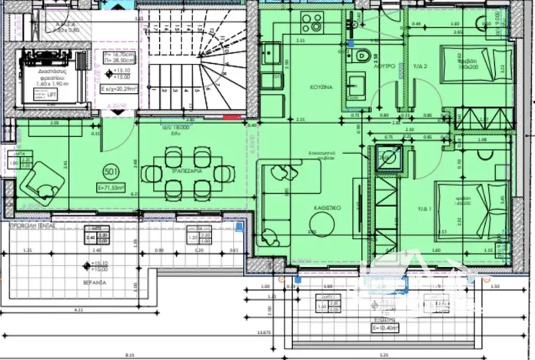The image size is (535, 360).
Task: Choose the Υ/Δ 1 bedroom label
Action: (x=420, y=208)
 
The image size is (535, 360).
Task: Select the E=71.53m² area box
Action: (x=112, y=188)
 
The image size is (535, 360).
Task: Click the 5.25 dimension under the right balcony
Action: (x=405, y=355)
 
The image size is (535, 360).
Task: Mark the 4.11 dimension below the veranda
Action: (x=79, y=308)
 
